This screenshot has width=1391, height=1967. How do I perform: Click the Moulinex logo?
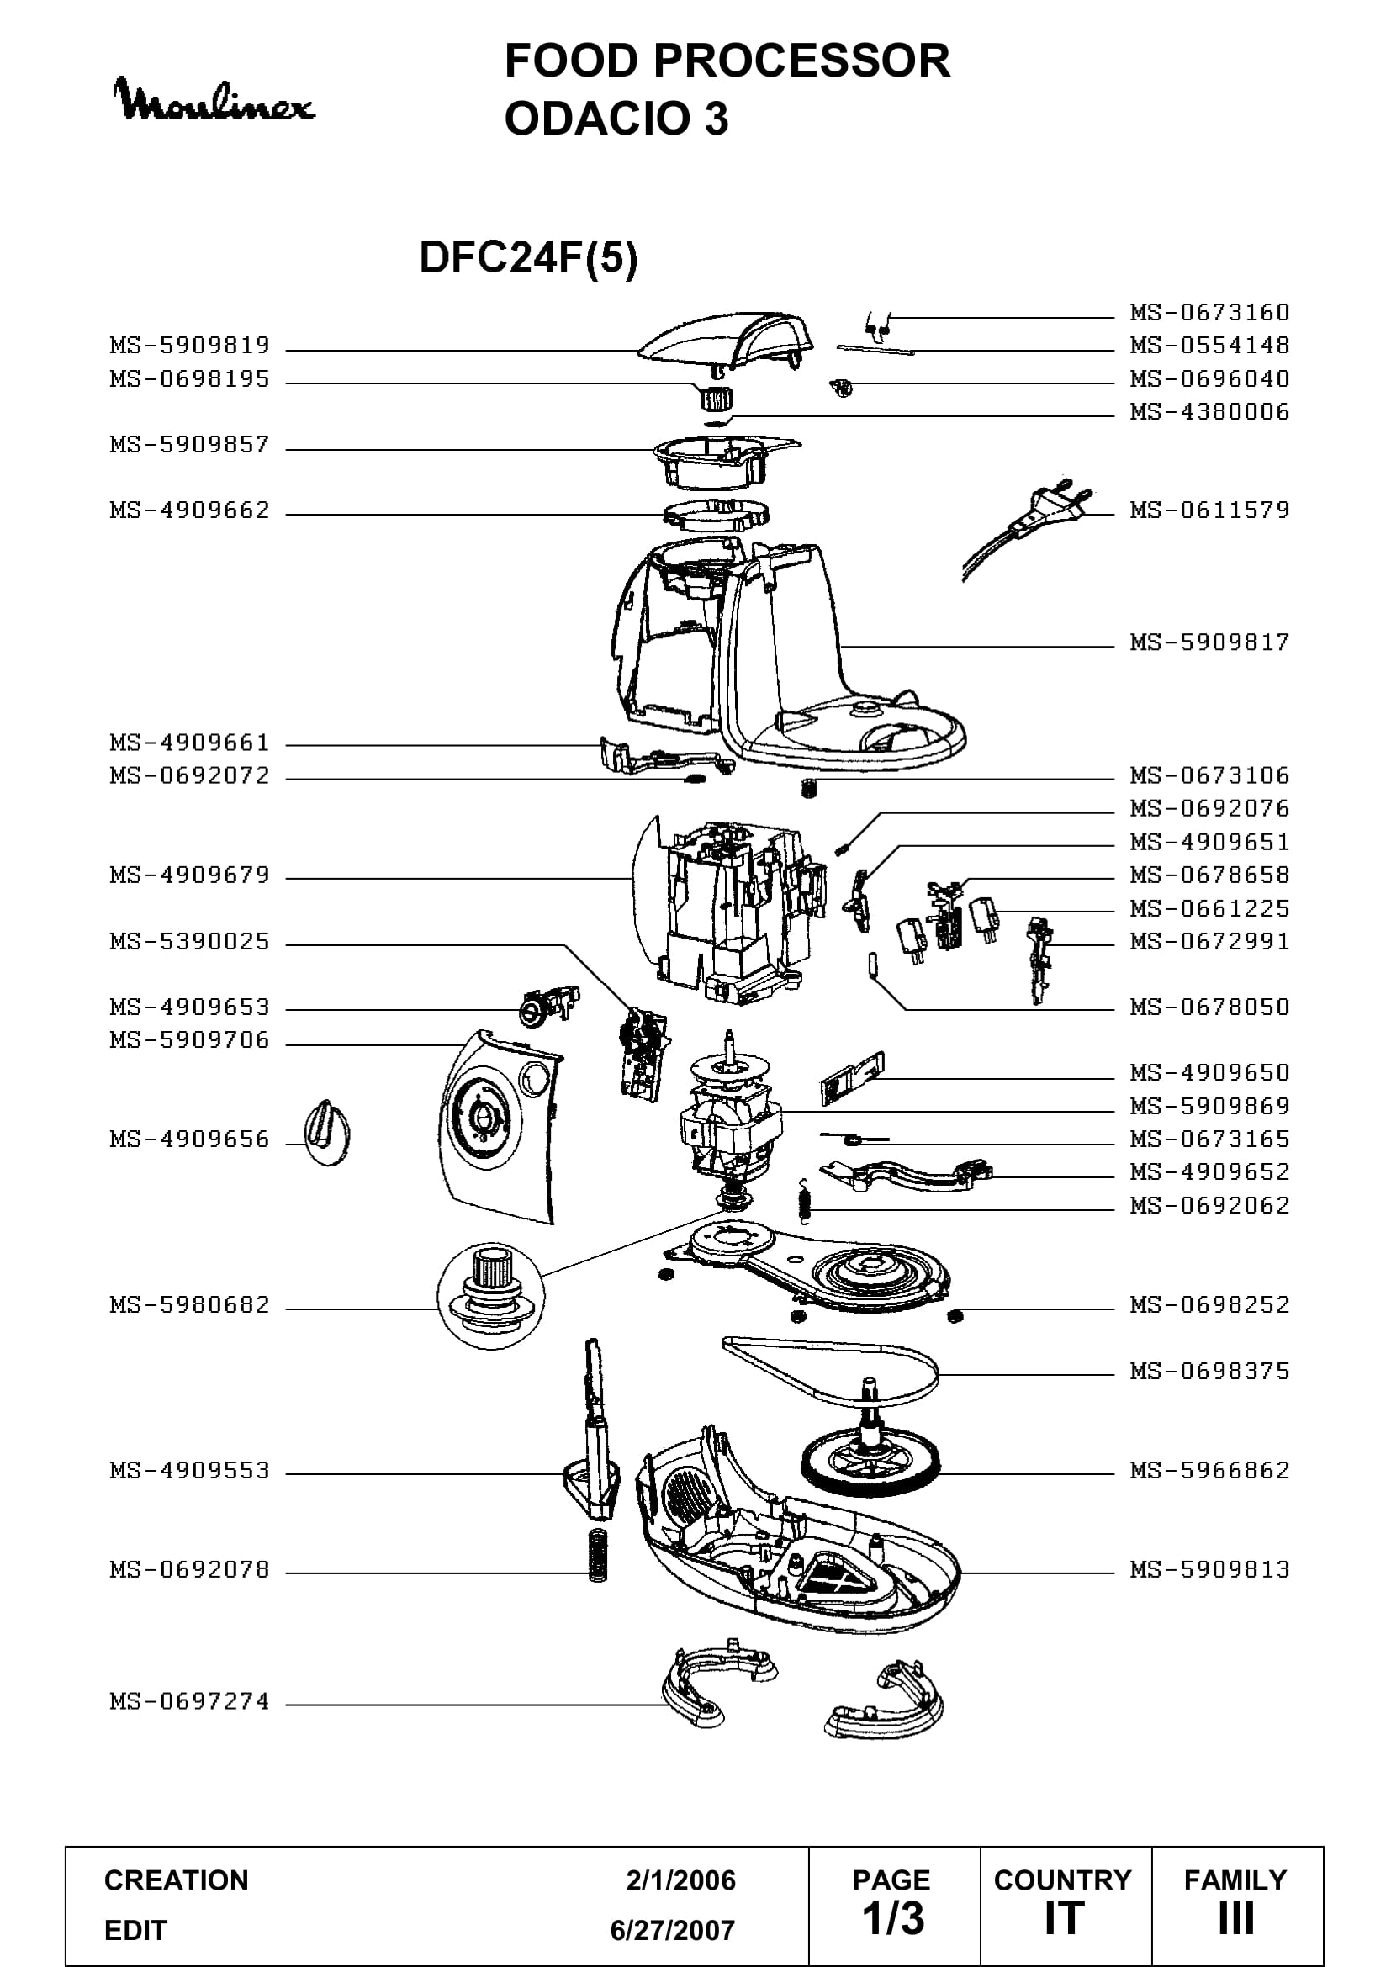[x=214, y=100]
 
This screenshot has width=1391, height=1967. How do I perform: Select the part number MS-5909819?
[x=190, y=346]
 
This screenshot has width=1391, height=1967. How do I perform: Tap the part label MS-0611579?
[x=1209, y=510]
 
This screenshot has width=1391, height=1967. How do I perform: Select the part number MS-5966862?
[x=1209, y=1471]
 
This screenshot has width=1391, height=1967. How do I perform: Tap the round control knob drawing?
[x=327, y=1134]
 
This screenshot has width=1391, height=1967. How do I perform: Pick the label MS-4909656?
[x=190, y=1139]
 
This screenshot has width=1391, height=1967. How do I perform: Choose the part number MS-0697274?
[x=190, y=1701]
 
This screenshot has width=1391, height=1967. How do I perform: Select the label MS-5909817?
[x=1209, y=642]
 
